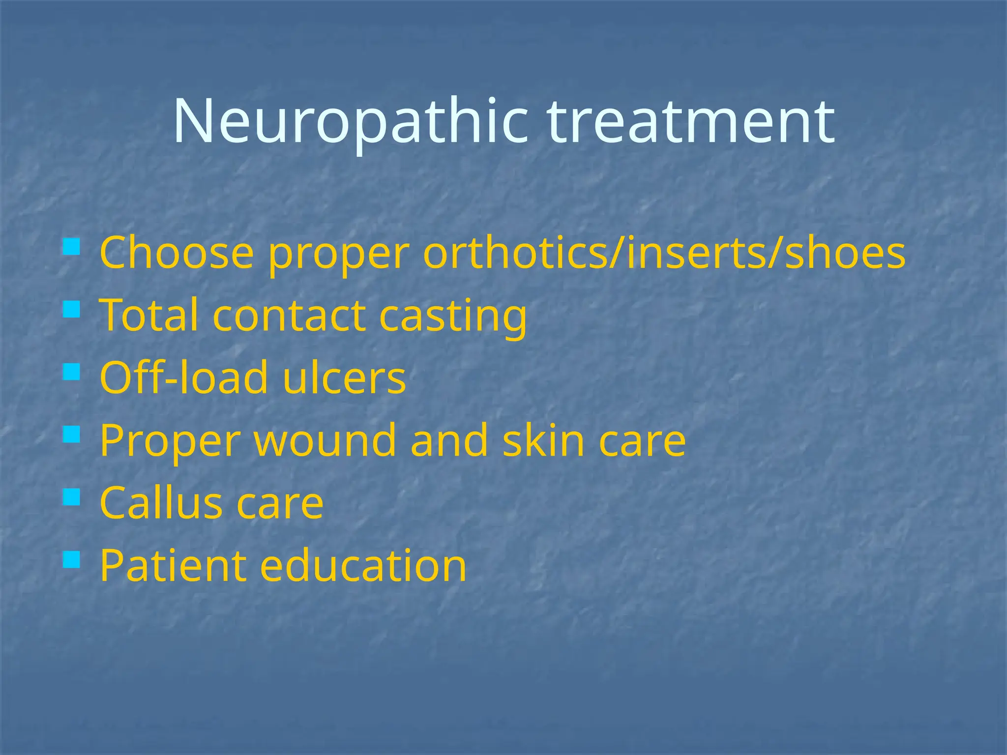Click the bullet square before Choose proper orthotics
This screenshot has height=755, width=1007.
(x=71, y=246)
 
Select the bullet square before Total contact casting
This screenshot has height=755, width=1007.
(x=71, y=309)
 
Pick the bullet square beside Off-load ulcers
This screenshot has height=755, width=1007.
(x=71, y=372)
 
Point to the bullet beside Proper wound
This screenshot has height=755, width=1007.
(x=71, y=435)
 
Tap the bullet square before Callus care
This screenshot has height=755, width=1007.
(x=71, y=497)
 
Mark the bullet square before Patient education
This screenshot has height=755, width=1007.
(x=71, y=559)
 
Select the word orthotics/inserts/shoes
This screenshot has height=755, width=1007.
(x=664, y=253)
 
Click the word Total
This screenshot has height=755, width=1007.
(x=149, y=315)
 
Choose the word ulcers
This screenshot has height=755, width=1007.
(x=344, y=377)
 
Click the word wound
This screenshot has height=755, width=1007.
(x=325, y=440)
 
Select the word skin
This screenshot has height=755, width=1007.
(x=543, y=440)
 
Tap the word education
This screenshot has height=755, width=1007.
(x=363, y=566)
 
